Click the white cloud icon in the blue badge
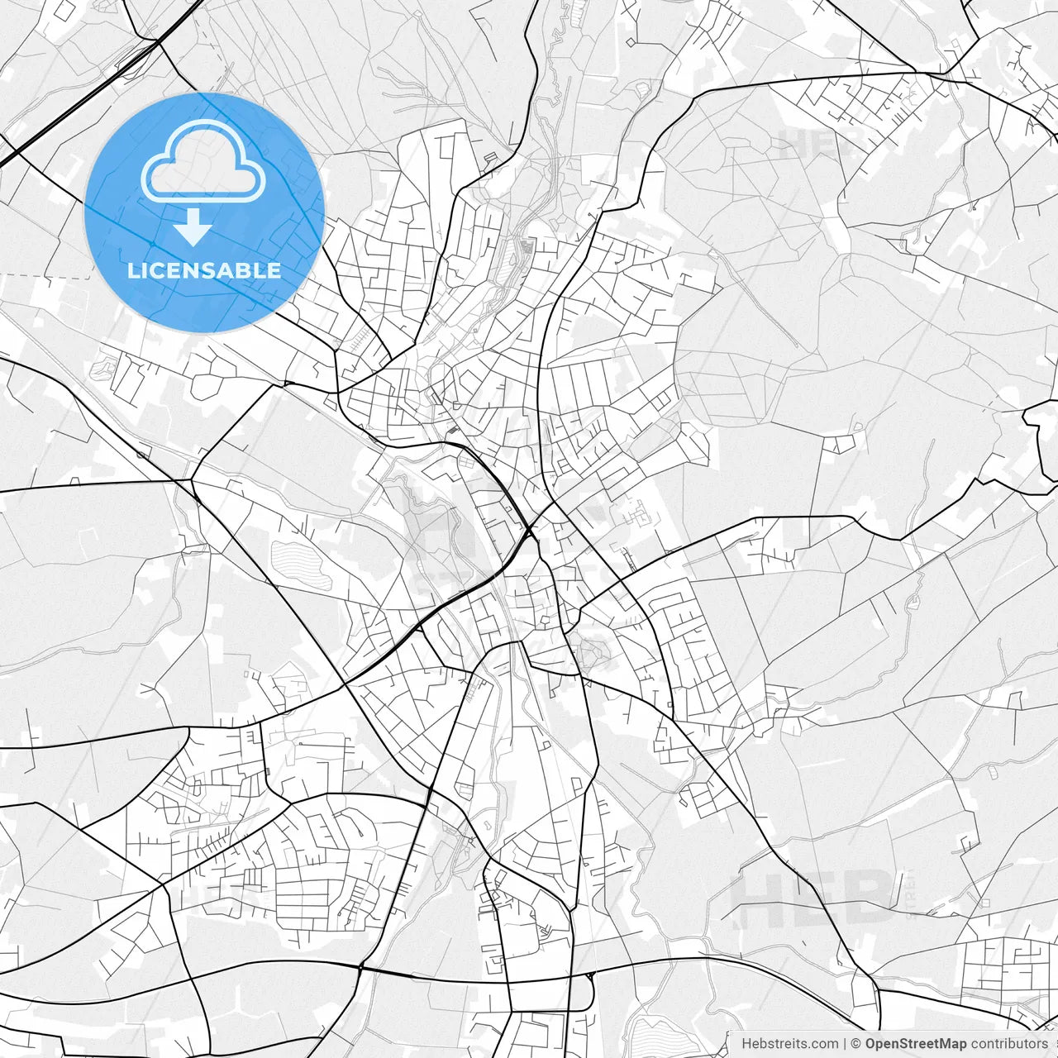point(203,163)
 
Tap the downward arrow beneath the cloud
point(193,228)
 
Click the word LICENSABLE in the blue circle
point(204,270)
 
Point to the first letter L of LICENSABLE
point(133,270)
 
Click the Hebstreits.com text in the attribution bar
point(789,1044)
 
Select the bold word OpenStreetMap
point(915,1044)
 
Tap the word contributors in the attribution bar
point(1008,1044)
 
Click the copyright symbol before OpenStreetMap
point(856,1044)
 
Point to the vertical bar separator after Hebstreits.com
point(845,1044)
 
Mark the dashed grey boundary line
point(50,275)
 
